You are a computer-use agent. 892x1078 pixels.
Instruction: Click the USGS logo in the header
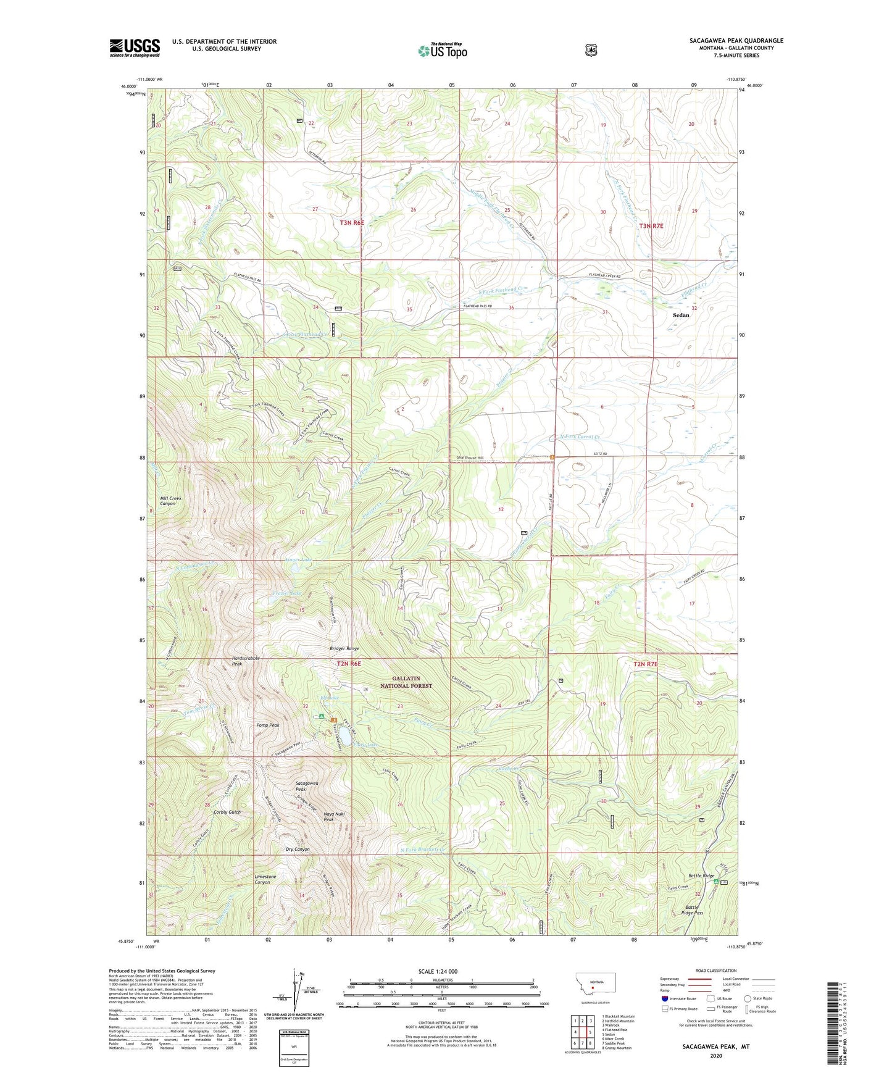click(x=135, y=48)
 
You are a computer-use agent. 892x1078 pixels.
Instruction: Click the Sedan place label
click(x=681, y=315)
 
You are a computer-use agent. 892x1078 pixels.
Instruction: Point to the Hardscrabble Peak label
click(x=246, y=661)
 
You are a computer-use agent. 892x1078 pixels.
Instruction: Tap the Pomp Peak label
click(x=268, y=725)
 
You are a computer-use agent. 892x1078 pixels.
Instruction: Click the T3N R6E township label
click(x=352, y=222)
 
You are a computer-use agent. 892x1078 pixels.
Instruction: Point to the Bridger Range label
click(x=344, y=649)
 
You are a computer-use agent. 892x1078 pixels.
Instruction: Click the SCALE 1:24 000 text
click(x=438, y=971)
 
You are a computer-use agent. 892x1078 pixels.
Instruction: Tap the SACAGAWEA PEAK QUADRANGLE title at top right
click(x=736, y=41)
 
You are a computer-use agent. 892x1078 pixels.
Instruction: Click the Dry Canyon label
click(x=298, y=849)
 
